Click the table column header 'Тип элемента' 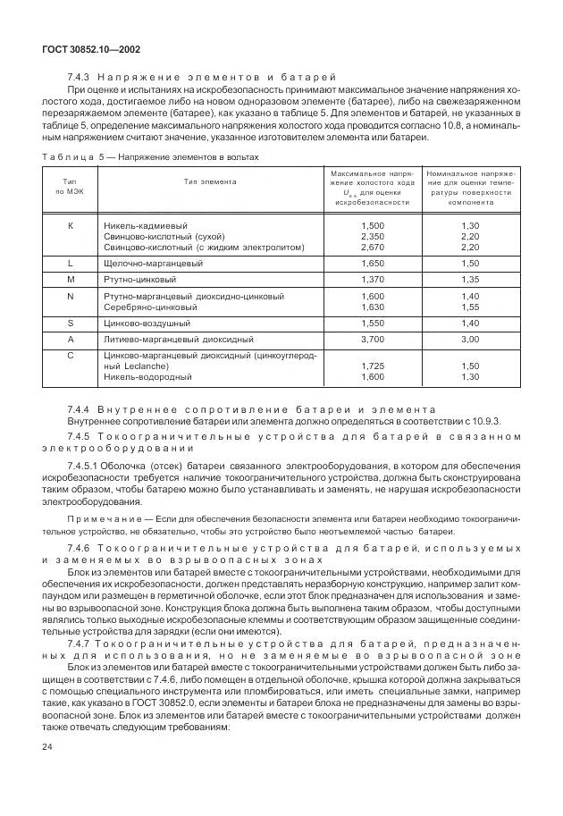(x=210, y=181)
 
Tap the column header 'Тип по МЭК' (x=71, y=186)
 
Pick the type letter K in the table (x=71, y=225)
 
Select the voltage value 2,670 (x=373, y=247)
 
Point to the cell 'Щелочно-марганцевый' (x=154, y=264)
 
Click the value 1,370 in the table (x=373, y=280)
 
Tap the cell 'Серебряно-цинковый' (x=148, y=307)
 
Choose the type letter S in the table (x=71, y=323)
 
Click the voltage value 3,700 (x=373, y=340)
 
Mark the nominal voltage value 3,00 (x=470, y=340)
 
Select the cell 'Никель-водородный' (x=147, y=377)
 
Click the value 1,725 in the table (x=373, y=366)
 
